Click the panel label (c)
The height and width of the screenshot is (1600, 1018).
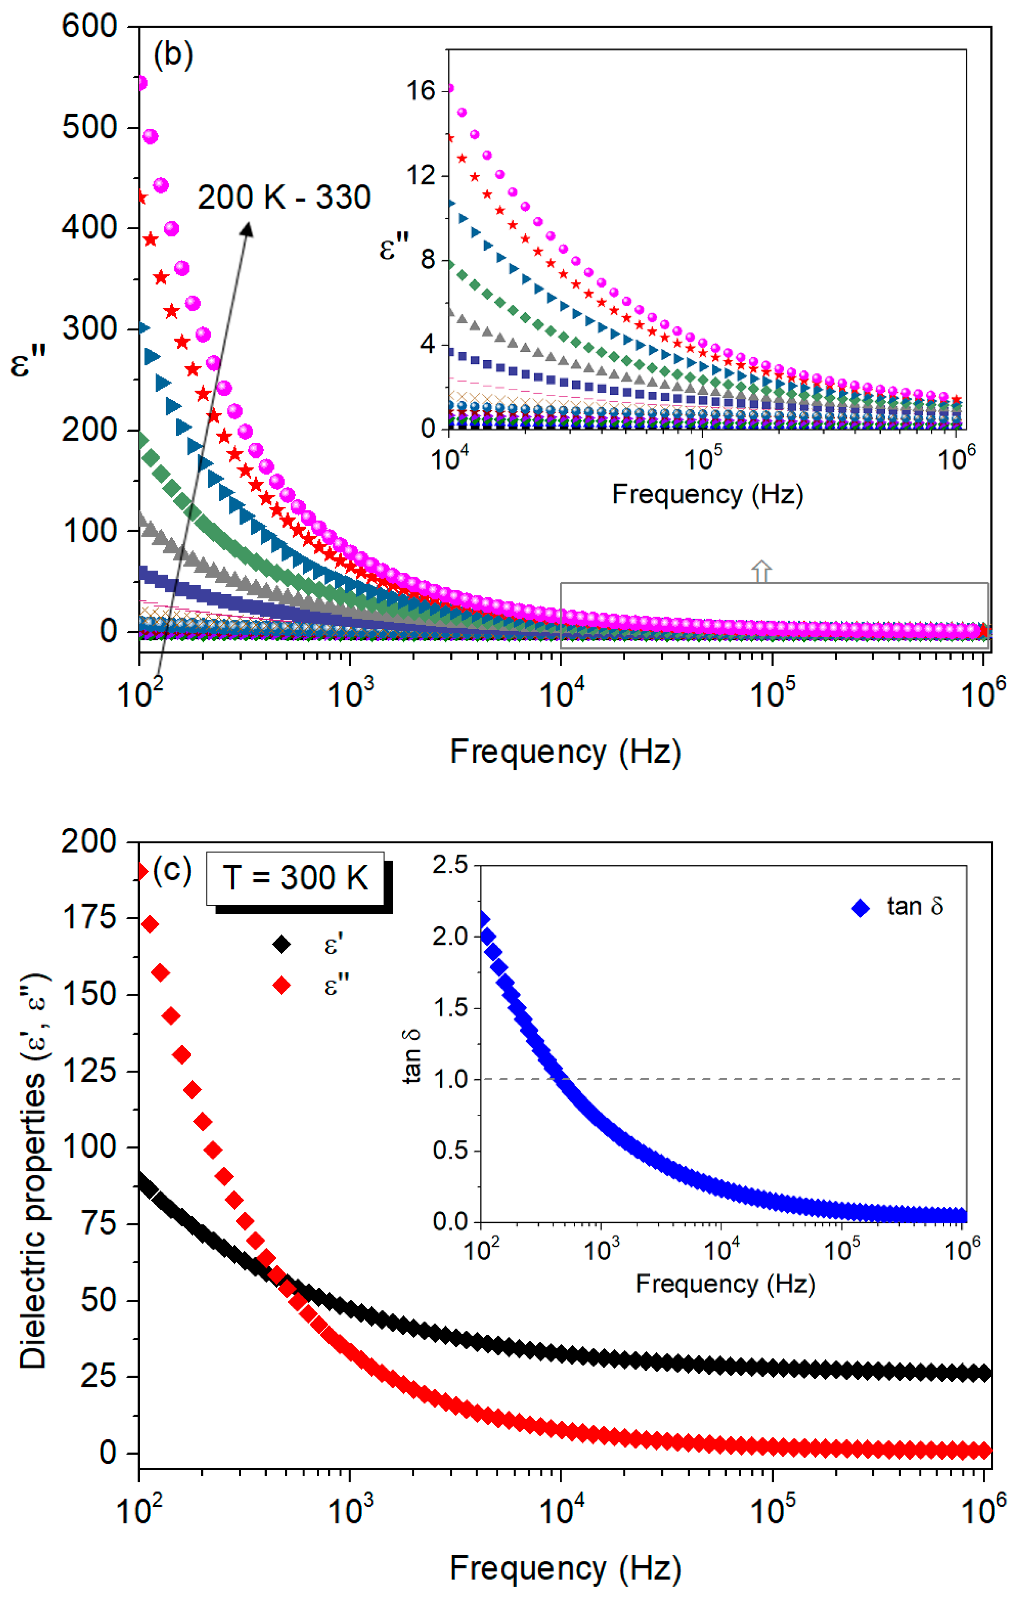pyautogui.click(x=172, y=870)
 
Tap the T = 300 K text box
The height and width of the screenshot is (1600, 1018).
pyautogui.click(x=295, y=878)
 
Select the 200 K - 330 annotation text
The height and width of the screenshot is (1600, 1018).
pyautogui.click(x=284, y=197)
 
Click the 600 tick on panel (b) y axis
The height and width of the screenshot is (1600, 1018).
pyautogui.click(x=89, y=27)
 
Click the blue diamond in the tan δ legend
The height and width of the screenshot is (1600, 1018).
pyautogui.click(x=861, y=908)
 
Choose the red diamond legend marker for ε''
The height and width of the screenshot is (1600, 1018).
pyautogui.click(x=282, y=985)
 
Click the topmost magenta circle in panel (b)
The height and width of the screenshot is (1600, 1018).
pyautogui.click(x=141, y=83)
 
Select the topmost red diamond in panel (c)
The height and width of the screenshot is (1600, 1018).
pyautogui.click(x=141, y=872)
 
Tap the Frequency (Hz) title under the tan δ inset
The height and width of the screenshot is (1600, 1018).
pyautogui.click(x=725, y=1283)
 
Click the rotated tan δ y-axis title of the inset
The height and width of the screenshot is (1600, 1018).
pyautogui.click(x=412, y=1056)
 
